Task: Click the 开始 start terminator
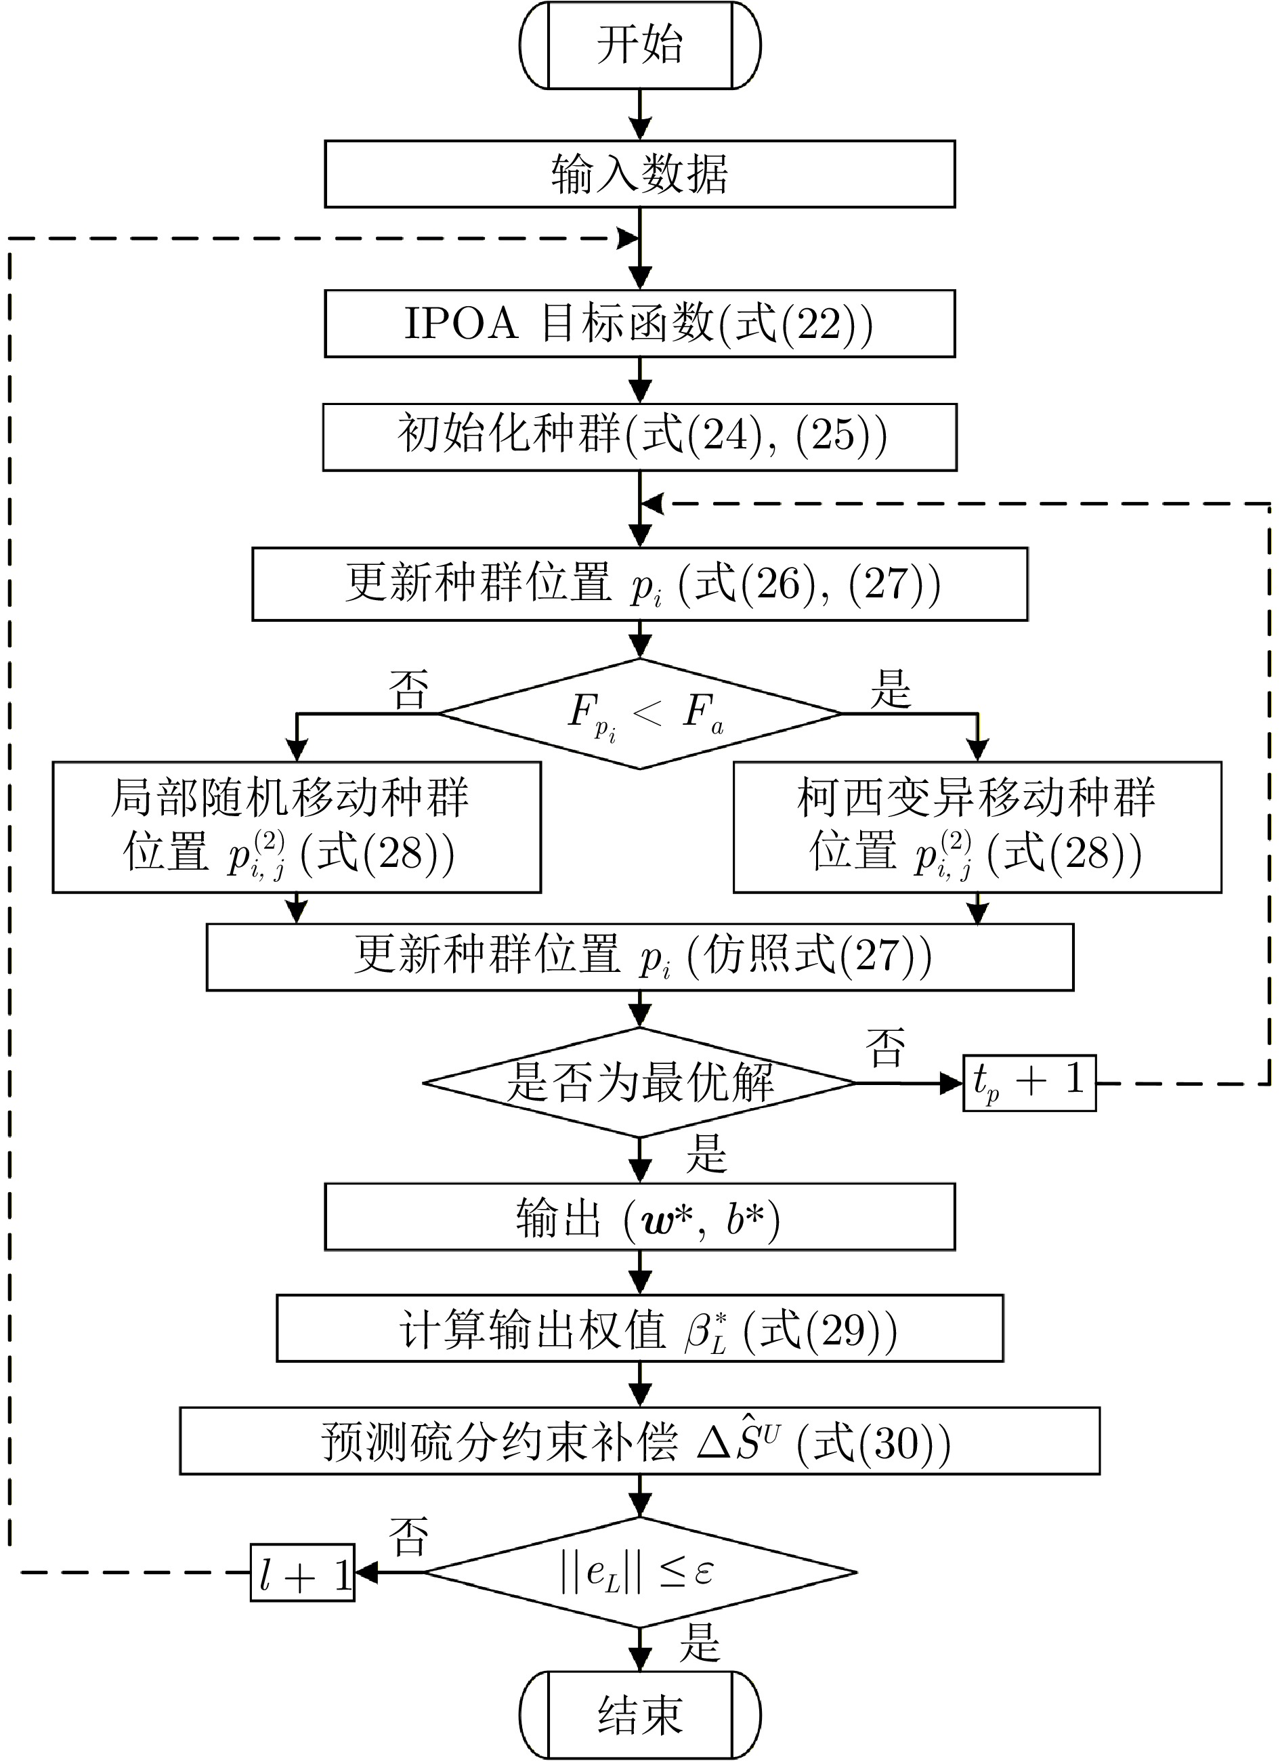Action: (639, 45)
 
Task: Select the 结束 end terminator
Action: (639, 1714)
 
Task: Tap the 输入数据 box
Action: (639, 174)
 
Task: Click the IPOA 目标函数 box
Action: (639, 324)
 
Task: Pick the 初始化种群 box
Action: (639, 436)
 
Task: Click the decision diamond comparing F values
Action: (639, 714)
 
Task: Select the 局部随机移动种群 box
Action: (297, 827)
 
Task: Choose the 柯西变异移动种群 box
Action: (977, 827)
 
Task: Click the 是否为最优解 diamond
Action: (639, 1082)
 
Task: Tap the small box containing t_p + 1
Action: (1029, 1082)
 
